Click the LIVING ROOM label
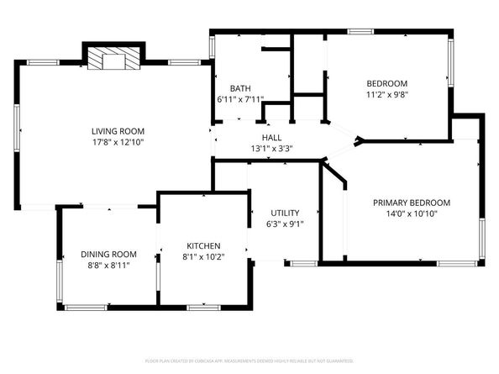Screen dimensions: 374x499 click(x=118, y=131)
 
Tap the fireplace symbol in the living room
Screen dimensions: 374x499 click(x=112, y=60)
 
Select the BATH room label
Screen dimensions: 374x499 click(x=240, y=88)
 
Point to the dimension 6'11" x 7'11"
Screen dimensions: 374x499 click(x=240, y=101)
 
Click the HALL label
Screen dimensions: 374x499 click(x=271, y=138)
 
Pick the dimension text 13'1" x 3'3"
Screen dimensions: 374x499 click(x=271, y=150)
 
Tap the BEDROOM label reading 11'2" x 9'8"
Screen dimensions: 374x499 click(x=386, y=83)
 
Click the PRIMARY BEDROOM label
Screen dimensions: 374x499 click(x=412, y=203)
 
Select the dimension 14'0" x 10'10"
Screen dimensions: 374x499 click(x=412, y=214)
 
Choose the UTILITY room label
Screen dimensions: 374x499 click(x=285, y=212)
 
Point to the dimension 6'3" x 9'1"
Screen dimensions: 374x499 click(x=285, y=224)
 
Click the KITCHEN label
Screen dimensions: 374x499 click(x=202, y=246)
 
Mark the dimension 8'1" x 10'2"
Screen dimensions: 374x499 click(x=202, y=258)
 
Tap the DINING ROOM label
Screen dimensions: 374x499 click(x=108, y=254)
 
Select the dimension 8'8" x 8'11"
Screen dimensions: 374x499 click(x=108, y=266)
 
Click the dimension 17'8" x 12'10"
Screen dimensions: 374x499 click(x=118, y=143)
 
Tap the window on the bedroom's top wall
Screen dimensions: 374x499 click(x=361, y=32)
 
